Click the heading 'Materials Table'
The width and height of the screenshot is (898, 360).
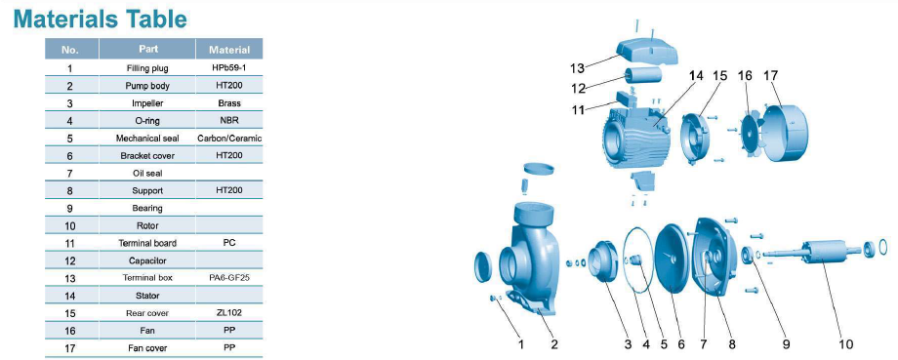coord(100,19)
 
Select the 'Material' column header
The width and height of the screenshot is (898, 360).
coord(229,50)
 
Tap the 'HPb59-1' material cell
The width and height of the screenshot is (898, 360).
coord(229,67)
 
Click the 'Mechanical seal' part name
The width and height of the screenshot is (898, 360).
coord(147,138)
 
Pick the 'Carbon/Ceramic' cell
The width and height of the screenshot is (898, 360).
coord(229,138)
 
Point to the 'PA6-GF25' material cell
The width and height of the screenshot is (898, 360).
coord(229,278)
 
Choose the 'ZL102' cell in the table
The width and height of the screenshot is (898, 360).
coord(229,313)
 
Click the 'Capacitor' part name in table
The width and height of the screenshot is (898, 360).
coord(147,260)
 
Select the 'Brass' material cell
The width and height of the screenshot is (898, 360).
coord(229,103)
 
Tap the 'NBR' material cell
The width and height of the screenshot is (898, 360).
coord(229,120)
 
